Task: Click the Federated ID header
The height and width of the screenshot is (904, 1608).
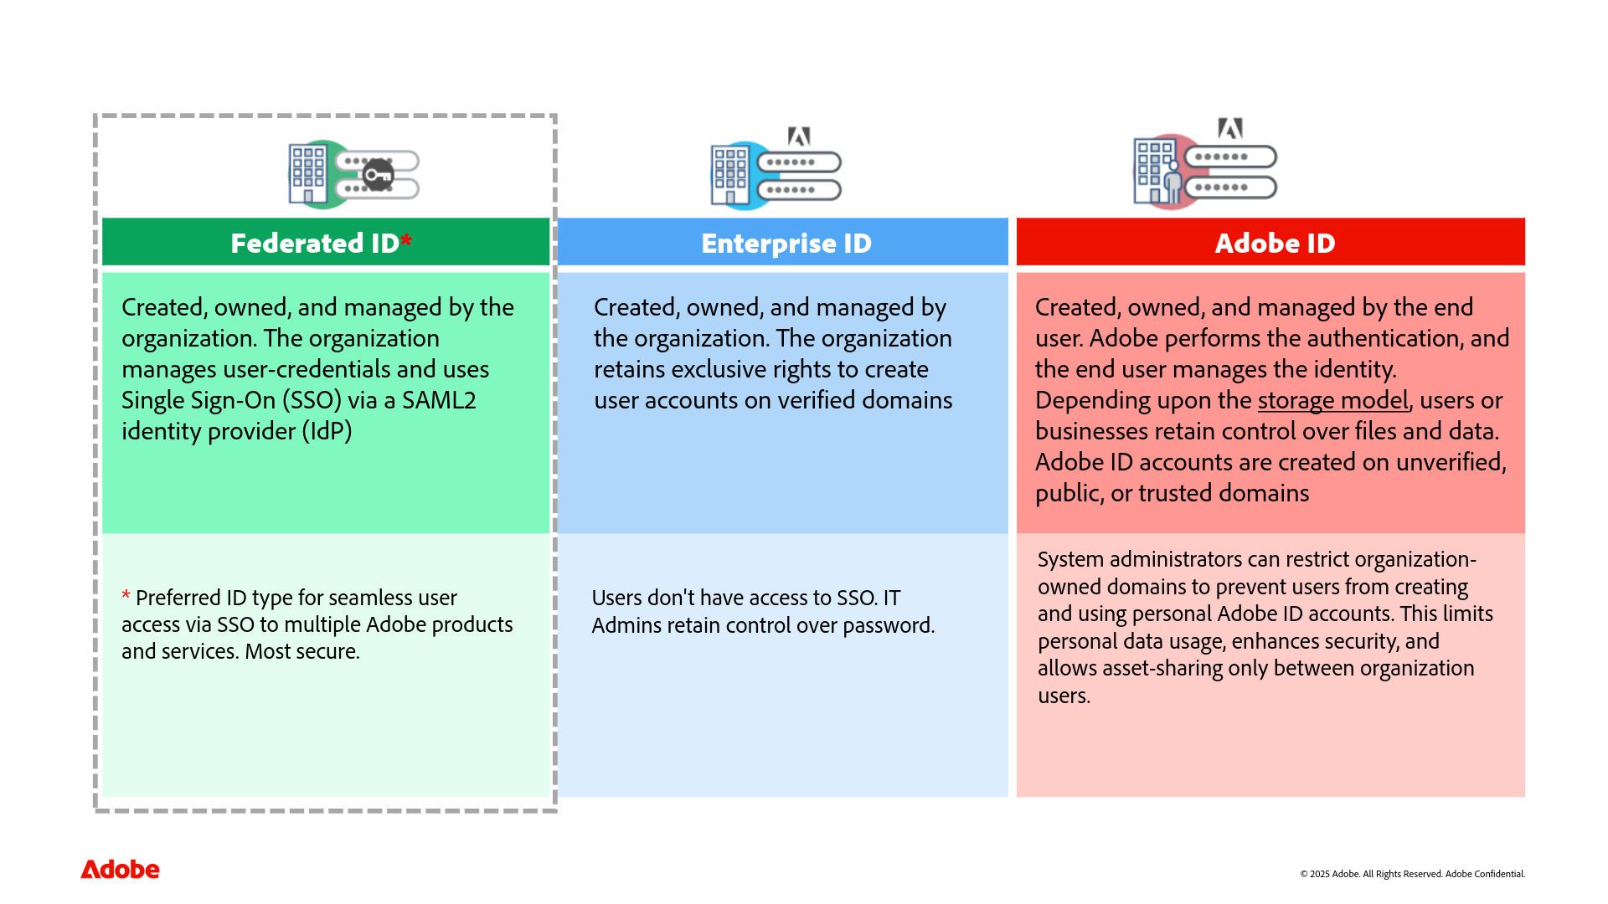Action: click(x=314, y=244)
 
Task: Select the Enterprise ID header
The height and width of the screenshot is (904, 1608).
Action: click(x=786, y=244)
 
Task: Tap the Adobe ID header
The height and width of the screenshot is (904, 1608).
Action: click(x=1274, y=244)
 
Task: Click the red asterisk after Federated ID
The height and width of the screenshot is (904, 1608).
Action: click(x=406, y=242)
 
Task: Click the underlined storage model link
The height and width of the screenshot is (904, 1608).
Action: click(x=1332, y=401)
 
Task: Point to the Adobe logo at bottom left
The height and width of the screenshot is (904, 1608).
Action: click(x=120, y=870)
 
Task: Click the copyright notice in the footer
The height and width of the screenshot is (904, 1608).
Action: click(x=1412, y=874)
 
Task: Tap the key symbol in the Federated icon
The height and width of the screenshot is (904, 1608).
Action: click(x=379, y=175)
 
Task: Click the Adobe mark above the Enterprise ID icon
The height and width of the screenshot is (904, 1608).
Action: click(x=799, y=136)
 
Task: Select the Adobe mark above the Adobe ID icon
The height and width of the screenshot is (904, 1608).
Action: click(x=1229, y=128)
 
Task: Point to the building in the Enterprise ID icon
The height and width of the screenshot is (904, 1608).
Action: click(x=730, y=175)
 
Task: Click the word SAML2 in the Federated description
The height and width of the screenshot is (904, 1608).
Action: click(x=439, y=401)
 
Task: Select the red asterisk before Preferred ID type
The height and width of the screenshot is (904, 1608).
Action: click(x=126, y=596)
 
